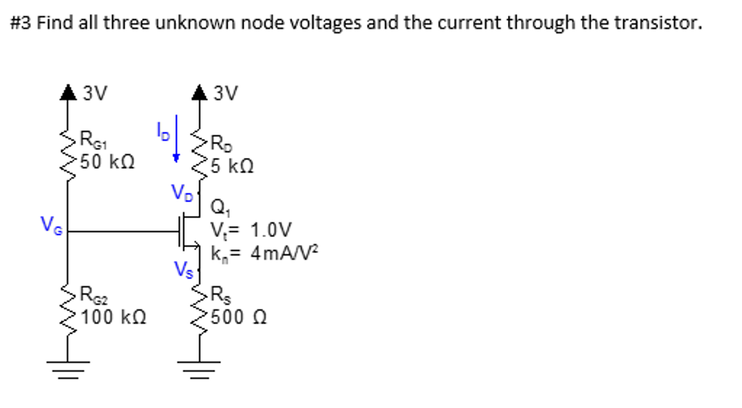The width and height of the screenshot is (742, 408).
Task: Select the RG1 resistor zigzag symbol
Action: coord(69,155)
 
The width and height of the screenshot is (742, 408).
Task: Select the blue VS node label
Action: coord(183,269)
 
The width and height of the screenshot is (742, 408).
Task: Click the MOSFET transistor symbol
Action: coord(190,233)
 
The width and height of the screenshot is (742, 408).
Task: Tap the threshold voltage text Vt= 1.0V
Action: coord(251,230)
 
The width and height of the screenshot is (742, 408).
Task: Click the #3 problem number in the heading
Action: coord(21,22)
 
